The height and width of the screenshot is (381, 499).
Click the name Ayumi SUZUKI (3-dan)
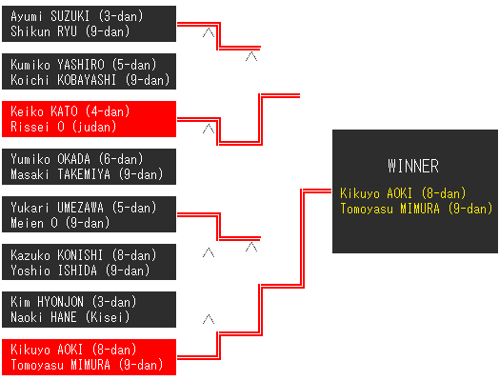(77, 16)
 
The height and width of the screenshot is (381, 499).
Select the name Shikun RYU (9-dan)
(70, 31)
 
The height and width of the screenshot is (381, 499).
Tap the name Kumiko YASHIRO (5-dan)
(84, 65)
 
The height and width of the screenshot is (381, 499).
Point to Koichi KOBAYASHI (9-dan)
(90, 80)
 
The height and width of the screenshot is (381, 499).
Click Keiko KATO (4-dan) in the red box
(70, 111)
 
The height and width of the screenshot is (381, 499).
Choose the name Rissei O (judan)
(64, 127)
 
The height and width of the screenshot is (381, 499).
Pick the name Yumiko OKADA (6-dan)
(77, 159)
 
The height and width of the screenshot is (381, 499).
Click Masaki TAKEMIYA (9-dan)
(87, 174)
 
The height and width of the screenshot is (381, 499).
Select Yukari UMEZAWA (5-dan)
(84, 208)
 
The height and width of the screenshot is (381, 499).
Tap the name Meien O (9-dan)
(60, 223)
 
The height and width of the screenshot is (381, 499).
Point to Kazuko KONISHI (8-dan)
(84, 255)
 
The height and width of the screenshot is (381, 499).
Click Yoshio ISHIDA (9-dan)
(80, 271)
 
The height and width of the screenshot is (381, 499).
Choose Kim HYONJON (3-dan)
(73, 302)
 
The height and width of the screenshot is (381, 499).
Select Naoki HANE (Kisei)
(70, 317)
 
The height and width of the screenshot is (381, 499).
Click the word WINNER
(413, 166)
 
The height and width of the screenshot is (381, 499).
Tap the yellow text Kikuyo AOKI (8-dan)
(403, 193)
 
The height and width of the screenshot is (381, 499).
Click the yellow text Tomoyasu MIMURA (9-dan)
(416, 209)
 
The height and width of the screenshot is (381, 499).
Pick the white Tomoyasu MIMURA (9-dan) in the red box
(87, 365)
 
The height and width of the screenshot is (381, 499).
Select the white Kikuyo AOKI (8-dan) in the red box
(73, 350)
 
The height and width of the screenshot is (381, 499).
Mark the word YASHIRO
(81, 65)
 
